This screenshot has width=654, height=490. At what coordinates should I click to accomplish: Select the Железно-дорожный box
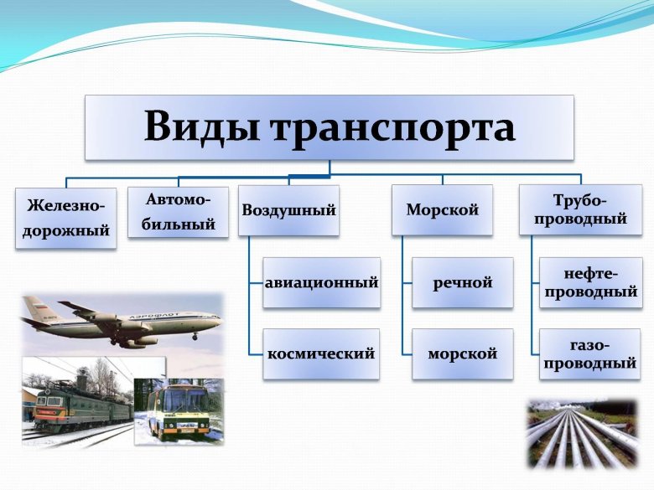click(66, 218)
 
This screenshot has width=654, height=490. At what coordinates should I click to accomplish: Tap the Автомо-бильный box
click(178, 212)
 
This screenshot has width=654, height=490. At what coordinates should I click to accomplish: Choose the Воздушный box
click(289, 210)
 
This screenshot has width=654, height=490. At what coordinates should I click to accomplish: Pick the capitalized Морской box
click(443, 210)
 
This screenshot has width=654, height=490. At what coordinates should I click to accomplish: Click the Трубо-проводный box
click(580, 210)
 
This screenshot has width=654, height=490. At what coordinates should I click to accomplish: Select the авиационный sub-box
click(322, 282)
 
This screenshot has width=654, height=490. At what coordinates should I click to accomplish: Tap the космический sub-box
click(321, 353)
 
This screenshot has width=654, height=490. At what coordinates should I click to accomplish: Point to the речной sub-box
click(463, 282)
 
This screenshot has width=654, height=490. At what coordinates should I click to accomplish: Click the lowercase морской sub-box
click(463, 353)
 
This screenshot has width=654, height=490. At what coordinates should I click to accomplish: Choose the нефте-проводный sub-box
click(590, 282)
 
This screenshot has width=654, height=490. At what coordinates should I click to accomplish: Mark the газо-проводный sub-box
click(590, 353)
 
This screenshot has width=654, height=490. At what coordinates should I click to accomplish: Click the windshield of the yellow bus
click(179, 400)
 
